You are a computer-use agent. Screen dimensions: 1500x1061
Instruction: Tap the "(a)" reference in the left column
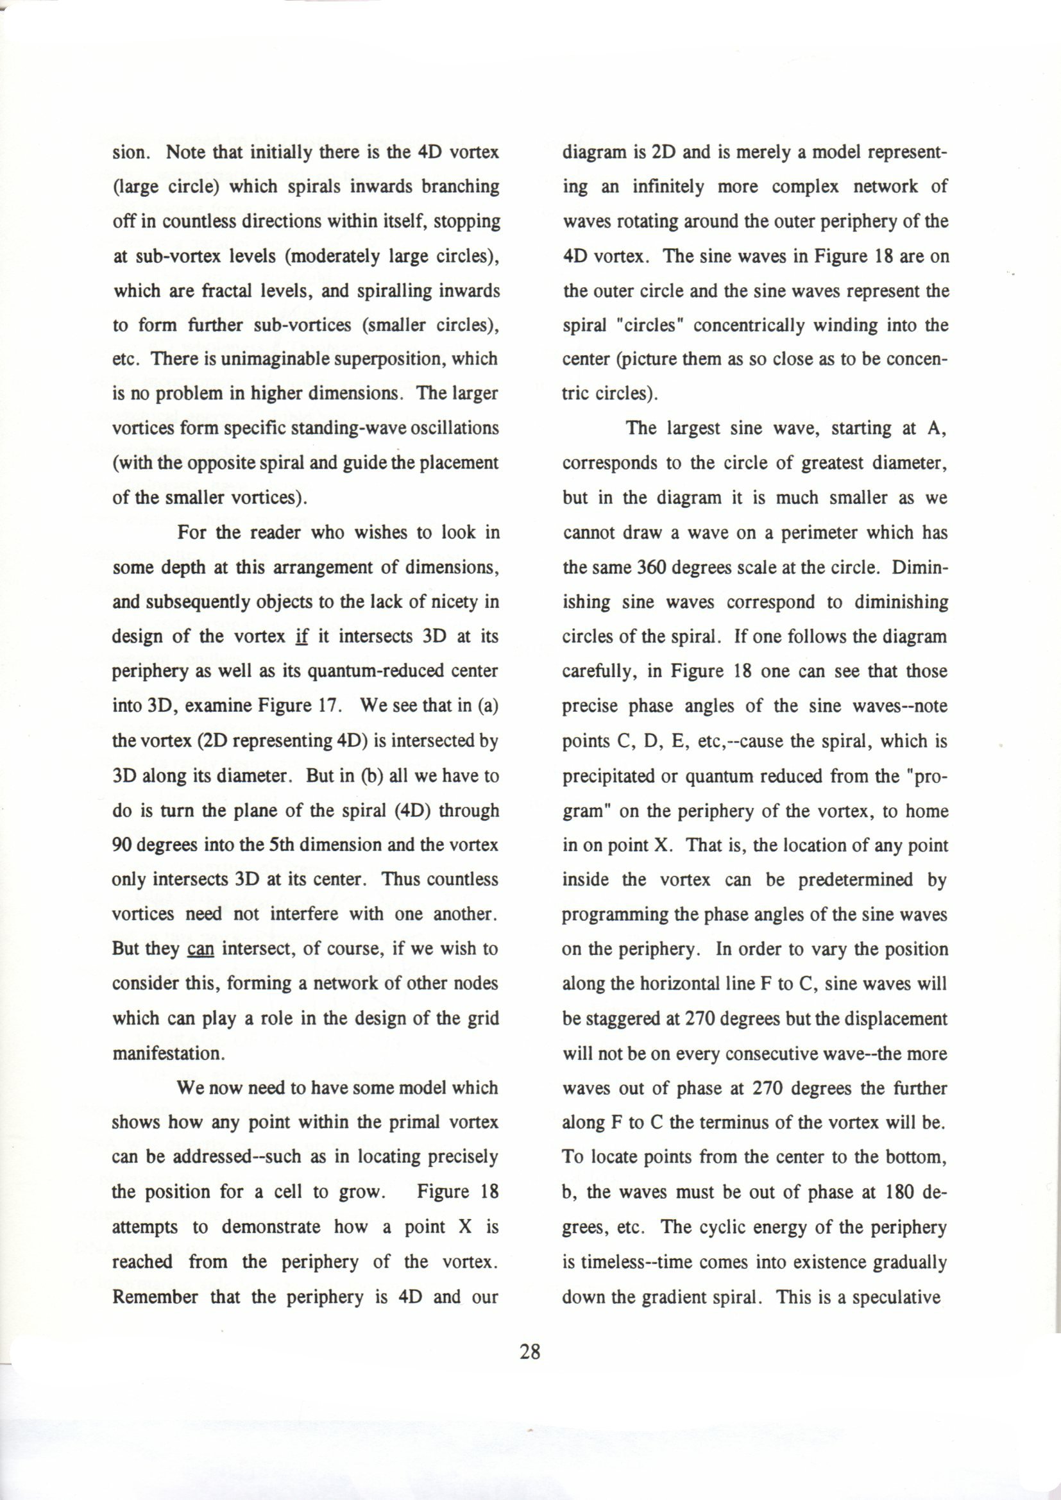pos(489,706)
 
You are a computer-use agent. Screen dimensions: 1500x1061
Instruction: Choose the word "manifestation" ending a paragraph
pos(167,1054)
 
